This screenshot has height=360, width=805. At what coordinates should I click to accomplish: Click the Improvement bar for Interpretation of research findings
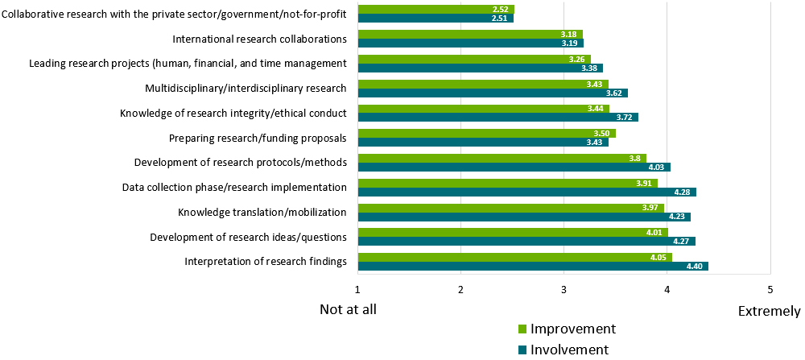tap(514, 258)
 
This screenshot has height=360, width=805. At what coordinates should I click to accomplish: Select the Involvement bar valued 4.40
tap(532, 267)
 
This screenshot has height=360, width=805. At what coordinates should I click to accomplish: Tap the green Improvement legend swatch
tap(521, 329)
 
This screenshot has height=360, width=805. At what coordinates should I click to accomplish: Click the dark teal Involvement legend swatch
tap(521, 350)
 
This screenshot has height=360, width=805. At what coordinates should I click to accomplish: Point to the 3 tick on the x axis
tap(563, 289)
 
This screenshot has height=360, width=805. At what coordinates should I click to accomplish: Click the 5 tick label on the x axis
tap(770, 289)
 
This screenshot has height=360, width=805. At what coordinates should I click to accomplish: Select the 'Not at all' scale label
tap(348, 309)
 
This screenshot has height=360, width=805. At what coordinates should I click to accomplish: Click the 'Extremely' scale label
tap(769, 311)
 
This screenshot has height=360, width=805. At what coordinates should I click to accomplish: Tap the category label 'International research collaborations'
tap(259, 39)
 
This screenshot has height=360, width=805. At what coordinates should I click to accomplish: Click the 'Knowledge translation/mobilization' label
tap(262, 213)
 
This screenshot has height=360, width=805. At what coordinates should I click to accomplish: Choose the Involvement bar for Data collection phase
tap(526, 192)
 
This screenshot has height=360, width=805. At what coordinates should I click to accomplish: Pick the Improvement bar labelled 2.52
tap(436, 10)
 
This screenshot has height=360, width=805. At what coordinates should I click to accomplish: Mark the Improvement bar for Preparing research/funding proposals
tap(486, 134)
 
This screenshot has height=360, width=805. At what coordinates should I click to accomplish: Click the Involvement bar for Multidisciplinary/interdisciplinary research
tap(492, 93)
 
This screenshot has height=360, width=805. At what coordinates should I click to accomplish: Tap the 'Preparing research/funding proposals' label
tap(258, 138)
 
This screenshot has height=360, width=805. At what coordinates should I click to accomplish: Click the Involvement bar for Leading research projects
tap(480, 68)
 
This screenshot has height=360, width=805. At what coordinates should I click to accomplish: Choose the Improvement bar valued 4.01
tap(513, 233)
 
